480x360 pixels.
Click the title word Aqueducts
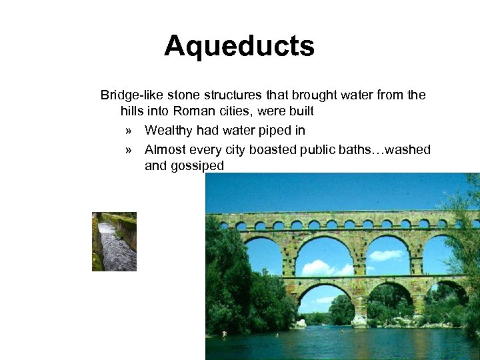tap(239, 47)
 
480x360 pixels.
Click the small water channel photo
tap(114, 241)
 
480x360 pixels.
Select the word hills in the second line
tap(133, 112)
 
